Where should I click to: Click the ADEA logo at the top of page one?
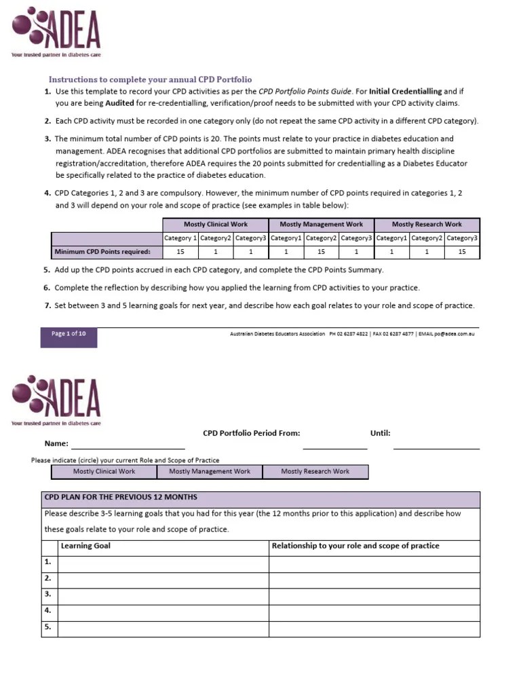pyautogui.click(x=57, y=29)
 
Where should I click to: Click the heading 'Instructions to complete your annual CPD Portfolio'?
pyautogui.click(x=150, y=79)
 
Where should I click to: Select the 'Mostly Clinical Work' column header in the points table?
pyautogui.click(x=216, y=224)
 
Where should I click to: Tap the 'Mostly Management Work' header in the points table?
pyautogui.click(x=321, y=224)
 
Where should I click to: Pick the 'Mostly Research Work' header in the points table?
pyautogui.click(x=427, y=224)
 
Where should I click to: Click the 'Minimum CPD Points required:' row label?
pyautogui.click(x=107, y=252)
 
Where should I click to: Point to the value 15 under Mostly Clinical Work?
pyautogui.click(x=180, y=252)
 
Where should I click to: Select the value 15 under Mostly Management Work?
pyautogui.click(x=321, y=252)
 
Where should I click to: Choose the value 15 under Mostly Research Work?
pyautogui.click(x=462, y=252)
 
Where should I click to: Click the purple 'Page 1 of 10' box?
pyautogui.click(x=69, y=334)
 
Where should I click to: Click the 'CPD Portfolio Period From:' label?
pyautogui.click(x=251, y=433)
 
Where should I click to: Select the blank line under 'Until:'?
pyautogui.click(x=436, y=447)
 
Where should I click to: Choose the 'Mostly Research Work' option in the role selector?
pyautogui.click(x=315, y=471)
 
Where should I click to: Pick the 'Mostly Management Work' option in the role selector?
pyautogui.click(x=210, y=471)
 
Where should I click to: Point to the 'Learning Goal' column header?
pyautogui.click(x=86, y=546)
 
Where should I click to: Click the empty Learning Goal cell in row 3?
pyautogui.click(x=163, y=595)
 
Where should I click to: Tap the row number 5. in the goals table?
pyautogui.click(x=48, y=627)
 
